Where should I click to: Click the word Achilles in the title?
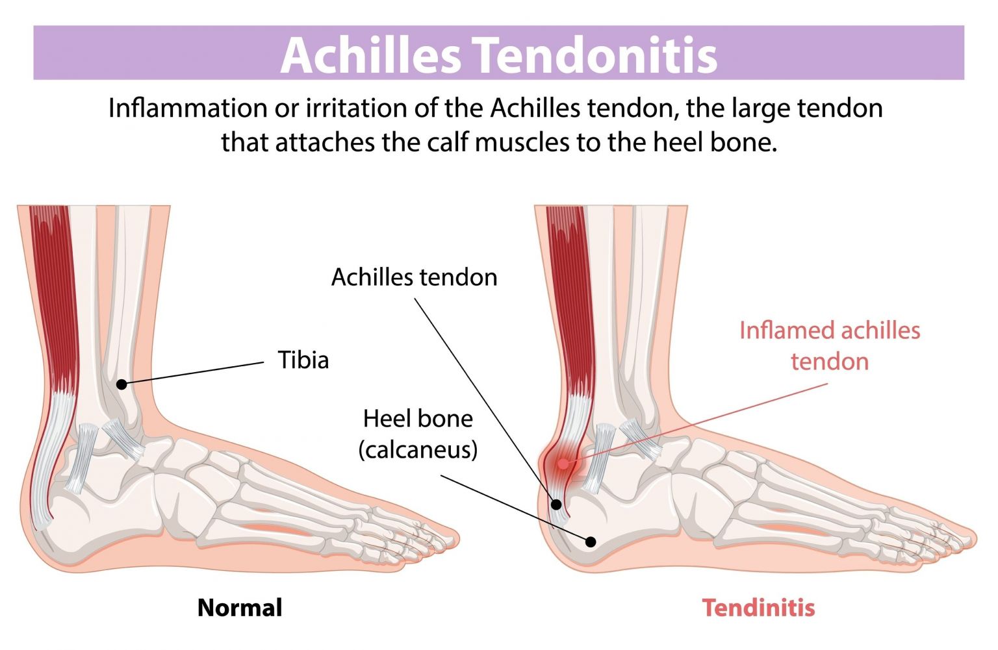(370, 55)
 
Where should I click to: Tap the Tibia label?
(303, 360)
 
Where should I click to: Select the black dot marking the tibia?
(122, 384)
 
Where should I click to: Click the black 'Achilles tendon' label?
(414, 277)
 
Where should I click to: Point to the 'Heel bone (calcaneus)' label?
(418, 434)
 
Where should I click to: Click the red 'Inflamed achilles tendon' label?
(829, 345)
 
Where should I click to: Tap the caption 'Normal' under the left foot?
(240, 608)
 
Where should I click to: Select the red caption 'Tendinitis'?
(758, 608)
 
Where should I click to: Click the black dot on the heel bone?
(591, 542)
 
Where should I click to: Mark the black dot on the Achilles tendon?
(556, 504)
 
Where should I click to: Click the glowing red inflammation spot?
(563, 464)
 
